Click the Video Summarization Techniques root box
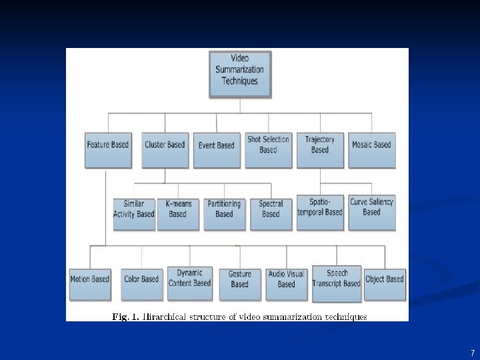[x=240, y=74]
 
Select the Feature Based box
[x=107, y=149]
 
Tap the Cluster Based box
[x=165, y=149]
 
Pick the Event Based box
[x=217, y=149]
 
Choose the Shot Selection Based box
[x=269, y=149]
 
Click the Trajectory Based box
[x=320, y=149]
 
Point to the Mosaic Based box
[x=372, y=149]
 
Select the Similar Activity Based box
[x=134, y=213]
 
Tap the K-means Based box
[x=178, y=213]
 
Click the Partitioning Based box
[x=225, y=213]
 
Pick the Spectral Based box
[x=271, y=213]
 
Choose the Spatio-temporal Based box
[x=321, y=212]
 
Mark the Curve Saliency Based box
[x=372, y=212]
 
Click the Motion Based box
[x=90, y=283]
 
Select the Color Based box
[x=141, y=283]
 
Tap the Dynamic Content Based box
[x=190, y=283]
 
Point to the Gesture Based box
[x=240, y=283]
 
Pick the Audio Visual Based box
[x=287, y=283]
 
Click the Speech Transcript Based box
[x=337, y=283]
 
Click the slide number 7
[x=472, y=353]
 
